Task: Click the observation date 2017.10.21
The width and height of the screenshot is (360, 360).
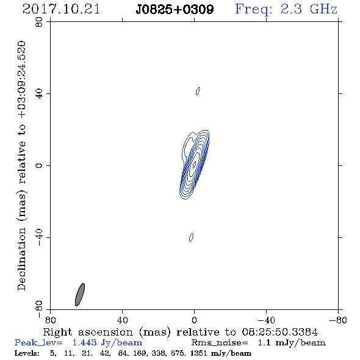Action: tap(61, 9)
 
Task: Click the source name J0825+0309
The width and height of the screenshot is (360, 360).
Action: tap(175, 9)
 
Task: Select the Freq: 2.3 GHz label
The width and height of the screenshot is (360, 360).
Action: tap(286, 9)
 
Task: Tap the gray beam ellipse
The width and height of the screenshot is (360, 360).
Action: tap(80, 295)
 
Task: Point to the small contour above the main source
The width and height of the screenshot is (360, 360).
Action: tap(198, 91)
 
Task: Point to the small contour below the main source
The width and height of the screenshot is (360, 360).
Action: tap(191, 237)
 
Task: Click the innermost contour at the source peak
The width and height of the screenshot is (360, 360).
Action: tap(194, 164)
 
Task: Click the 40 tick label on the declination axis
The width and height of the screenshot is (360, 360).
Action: tap(39, 94)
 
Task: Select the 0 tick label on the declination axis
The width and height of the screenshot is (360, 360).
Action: tap(39, 165)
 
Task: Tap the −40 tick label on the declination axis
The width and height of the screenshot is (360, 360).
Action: tap(39, 237)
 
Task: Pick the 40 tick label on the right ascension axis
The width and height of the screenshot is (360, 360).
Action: tap(122, 320)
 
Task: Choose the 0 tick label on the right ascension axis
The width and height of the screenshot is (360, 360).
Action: tap(194, 320)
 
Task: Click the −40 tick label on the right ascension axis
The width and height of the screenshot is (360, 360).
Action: tap(266, 320)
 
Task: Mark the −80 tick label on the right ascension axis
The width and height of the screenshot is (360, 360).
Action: tap(338, 320)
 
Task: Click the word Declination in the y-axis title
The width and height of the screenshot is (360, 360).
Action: tap(21, 259)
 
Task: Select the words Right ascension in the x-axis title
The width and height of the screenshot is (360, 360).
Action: tap(88, 332)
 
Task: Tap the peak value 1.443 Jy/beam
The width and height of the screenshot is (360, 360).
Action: tap(107, 343)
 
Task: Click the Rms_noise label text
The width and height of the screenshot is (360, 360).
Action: tap(220, 343)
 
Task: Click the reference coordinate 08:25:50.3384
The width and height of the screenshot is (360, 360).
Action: tap(280, 332)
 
